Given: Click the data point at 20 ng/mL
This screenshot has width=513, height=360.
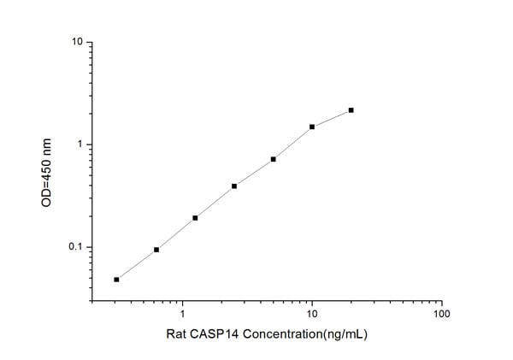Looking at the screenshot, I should point(351,110).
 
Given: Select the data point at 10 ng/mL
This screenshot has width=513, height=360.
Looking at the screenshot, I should point(312,127).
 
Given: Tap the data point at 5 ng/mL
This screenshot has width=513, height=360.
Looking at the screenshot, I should point(273,159).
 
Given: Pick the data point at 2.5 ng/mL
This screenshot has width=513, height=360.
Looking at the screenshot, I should point(234,186).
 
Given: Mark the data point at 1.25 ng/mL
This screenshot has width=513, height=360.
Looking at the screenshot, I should point(195,217).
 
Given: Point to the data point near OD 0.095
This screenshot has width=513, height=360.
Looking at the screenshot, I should point(156,250).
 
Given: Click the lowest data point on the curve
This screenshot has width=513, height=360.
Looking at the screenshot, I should point(116,279).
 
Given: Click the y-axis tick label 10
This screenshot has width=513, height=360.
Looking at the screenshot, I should point(77,42).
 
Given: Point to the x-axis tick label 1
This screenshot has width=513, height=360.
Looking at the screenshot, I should point(182,314).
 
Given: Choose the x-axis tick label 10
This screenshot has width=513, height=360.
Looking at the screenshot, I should point(312,314).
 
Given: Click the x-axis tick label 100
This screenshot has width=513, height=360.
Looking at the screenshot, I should point(442,314).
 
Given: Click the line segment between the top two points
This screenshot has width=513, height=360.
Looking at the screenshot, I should point(332,118).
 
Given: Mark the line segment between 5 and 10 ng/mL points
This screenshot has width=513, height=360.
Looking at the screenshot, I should point(292,143).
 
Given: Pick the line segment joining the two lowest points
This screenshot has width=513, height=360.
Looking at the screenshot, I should point(137,264).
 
